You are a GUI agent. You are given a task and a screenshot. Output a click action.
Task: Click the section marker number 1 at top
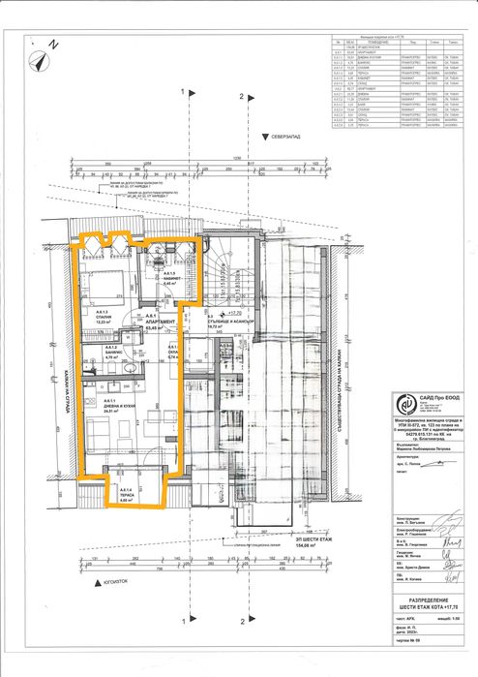(182, 96)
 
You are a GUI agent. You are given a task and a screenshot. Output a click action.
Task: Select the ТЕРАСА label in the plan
(126, 497)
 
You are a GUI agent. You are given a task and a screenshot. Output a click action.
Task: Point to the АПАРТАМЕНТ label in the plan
(160, 322)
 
